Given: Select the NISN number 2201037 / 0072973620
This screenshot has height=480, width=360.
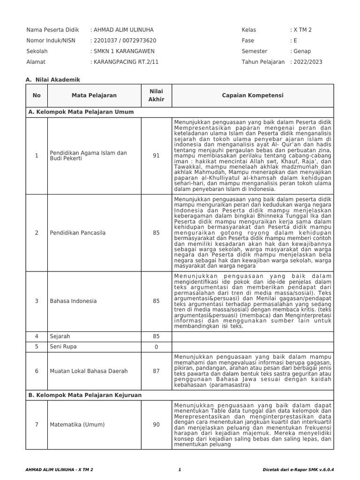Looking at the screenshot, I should tap(125, 40).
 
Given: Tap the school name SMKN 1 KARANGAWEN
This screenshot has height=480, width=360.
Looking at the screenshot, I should tap(124, 51).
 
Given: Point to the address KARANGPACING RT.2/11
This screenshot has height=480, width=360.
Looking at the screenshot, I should tap(127, 62).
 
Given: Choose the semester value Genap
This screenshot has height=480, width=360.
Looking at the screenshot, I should tap(302, 51).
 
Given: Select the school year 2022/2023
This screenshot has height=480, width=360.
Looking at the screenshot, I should tap(308, 62).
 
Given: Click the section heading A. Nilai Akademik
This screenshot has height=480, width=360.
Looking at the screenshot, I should tap(53, 80).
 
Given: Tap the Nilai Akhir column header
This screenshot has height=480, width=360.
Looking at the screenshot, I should tap(156, 96).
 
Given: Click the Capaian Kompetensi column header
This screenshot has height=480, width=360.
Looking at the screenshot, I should tap(252, 96).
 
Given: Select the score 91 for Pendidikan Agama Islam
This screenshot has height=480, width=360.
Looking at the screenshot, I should tap(156, 156).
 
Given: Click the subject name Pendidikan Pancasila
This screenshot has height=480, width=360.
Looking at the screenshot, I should tap(77, 233).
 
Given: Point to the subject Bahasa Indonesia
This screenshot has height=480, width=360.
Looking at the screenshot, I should tap(73, 301).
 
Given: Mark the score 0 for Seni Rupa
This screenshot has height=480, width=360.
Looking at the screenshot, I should tap(156, 347).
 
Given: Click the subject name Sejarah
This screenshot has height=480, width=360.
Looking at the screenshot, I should tap(60, 336).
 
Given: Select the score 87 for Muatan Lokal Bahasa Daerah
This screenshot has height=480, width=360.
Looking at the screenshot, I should tap(156, 371).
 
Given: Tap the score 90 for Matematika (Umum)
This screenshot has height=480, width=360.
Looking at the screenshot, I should tap(156, 425).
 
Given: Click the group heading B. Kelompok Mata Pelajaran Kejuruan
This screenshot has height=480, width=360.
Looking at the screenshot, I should tap(85, 395).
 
